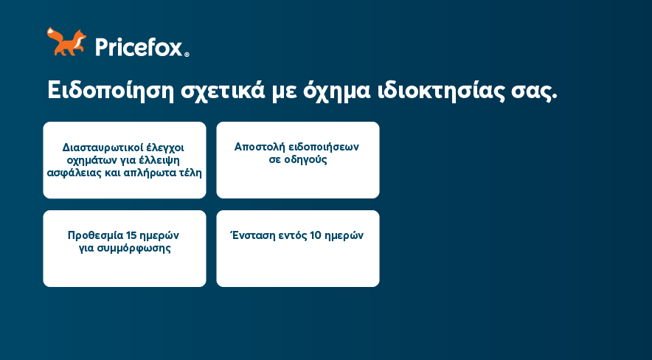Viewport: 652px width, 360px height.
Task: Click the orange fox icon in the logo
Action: pos(66,41)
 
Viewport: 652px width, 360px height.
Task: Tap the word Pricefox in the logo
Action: pos(139,47)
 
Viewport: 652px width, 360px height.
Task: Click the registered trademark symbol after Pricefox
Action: pos(187,54)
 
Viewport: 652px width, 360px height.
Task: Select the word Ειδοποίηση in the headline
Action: pos(110,91)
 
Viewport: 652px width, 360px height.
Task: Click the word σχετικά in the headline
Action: pos(223,91)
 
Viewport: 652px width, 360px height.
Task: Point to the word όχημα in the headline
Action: pos(336,91)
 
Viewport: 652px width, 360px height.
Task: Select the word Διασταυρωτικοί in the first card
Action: pos(103,148)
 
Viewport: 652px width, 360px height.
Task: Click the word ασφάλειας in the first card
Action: pos(73,173)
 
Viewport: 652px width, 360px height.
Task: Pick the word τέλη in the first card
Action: pos(190,173)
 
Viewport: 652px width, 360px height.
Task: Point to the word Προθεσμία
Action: pos(95,236)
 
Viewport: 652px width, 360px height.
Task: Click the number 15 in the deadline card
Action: pos(131,235)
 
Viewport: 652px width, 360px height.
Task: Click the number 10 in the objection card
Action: pos(316,235)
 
